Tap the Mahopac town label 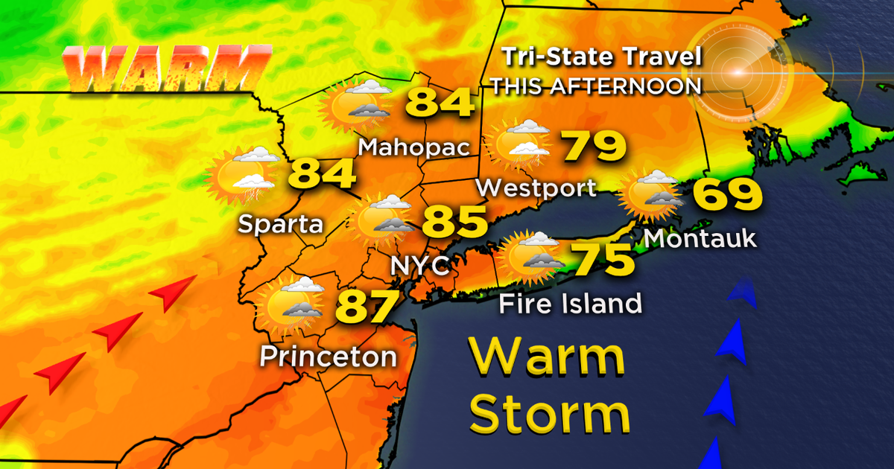[x=415, y=147]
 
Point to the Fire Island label [x=570, y=303]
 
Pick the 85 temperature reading [x=455, y=222]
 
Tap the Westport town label [x=536, y=188]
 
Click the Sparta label [x=280, y=223]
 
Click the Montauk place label [x=700, y=238]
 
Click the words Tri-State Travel [x=600, y=58]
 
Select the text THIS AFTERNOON [x=596, y=86]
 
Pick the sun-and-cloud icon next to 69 [x=652, y=194]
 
